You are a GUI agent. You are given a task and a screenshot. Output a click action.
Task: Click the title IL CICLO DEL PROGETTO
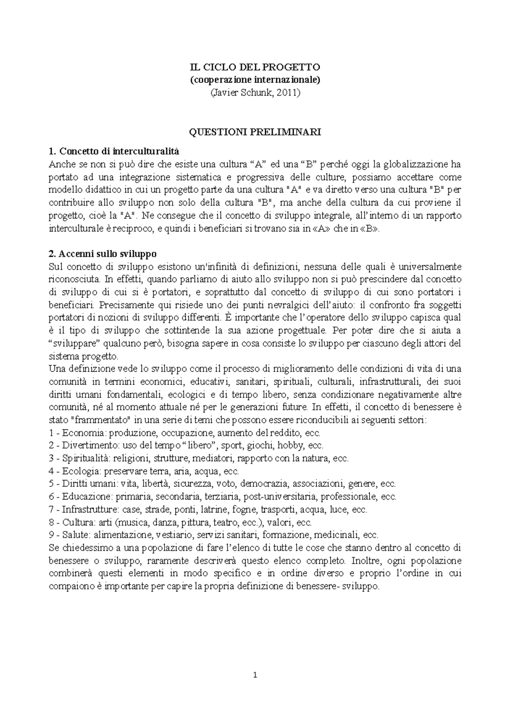coord(255,67)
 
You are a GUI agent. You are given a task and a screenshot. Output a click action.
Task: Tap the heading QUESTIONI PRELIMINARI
coord(255,132)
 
